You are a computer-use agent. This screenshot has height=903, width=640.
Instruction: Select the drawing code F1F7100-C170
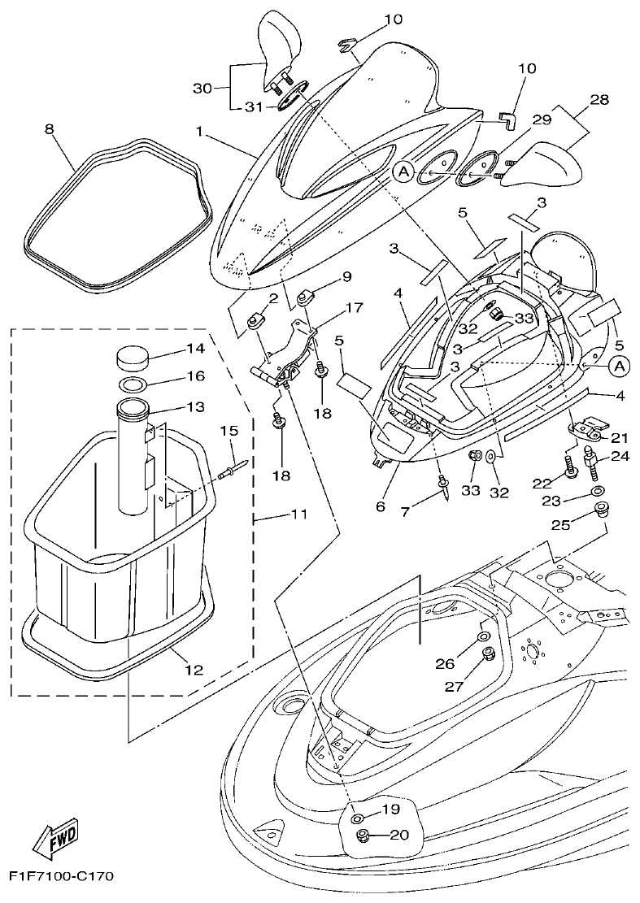click(x=61, y=876)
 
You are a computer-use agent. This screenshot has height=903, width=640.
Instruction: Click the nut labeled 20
click(x=364, y=836)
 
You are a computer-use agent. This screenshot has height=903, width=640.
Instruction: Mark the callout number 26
click(x=444, y=664)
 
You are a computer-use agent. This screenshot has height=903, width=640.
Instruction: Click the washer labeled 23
click(x=598, y=492)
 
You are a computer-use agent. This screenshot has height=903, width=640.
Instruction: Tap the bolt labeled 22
click(x=569, y=468)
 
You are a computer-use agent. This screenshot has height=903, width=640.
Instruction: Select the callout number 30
click(x=202, y=86)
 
